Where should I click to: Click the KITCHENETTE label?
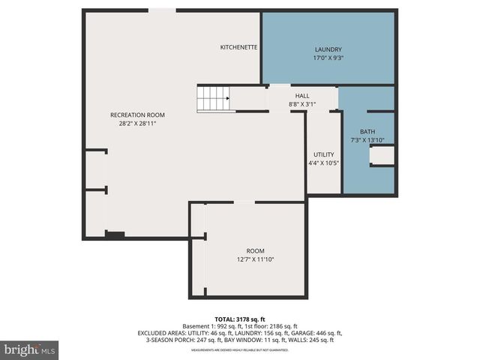tap(238, 47)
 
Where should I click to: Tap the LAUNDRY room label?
tap(328, 49)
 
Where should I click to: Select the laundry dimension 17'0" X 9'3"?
tap(328, 58)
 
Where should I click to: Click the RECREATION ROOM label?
tap(137, 115)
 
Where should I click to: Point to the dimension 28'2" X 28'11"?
tap(137, 124)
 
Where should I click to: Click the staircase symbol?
tap(213, 99)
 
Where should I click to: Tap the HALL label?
tap(301, 95)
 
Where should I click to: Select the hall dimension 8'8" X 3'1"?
tap(301, 104)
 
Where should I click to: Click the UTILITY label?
tap(324, 154)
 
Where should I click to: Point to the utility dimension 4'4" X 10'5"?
tap(324, 163)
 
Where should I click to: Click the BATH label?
tap(367, 131)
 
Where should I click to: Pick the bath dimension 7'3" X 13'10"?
tap(367, 140)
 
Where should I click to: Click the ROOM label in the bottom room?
tap(256, 250)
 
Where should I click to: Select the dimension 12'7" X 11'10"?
tap(256, 259)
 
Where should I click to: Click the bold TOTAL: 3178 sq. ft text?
tap(240, 319)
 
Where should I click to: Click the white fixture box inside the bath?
tap(382, 155)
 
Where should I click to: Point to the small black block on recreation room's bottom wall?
tap(115, 235)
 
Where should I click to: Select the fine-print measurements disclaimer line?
tap(240, 350)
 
